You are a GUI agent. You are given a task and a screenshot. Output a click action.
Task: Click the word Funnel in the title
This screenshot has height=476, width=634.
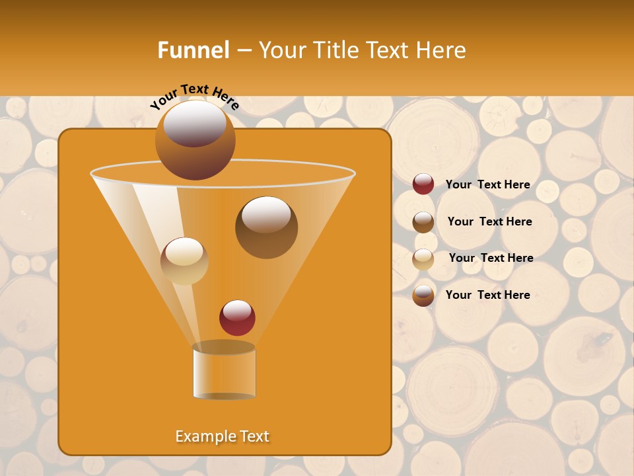(x=193, y=50)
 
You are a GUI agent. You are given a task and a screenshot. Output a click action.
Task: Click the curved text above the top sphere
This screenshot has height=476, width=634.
(x=195, y=97)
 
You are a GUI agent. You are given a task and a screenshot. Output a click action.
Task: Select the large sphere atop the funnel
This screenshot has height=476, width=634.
(x=195, y=140)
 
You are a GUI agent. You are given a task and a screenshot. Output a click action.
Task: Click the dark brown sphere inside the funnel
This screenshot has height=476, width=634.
(x=266, y=227)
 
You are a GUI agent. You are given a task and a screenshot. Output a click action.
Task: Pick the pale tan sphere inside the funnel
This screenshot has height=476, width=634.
(x=184, y=260)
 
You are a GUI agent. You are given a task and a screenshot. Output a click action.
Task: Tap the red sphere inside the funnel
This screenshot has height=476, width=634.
(x=237, y=317)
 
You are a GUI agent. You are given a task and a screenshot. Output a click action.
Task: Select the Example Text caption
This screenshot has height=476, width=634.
(x=223, y=436)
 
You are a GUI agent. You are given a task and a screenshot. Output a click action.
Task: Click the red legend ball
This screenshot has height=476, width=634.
(x=423, y=184)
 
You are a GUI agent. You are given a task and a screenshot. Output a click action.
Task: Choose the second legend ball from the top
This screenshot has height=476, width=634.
(x=423, y=222)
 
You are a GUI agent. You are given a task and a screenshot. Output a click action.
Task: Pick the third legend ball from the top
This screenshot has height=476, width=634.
(x=423, y=258)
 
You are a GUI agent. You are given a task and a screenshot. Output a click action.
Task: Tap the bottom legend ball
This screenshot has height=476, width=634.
(x=423, y=296)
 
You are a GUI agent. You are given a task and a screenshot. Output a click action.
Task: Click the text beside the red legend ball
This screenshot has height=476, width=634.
(x=487, y=185)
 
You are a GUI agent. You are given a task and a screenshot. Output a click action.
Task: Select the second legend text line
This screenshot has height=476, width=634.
(x=489, y=222)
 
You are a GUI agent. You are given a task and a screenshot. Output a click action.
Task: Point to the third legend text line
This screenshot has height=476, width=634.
(x=491, y=258)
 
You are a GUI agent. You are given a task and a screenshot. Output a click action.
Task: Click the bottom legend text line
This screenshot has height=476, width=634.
(x=487, y=296)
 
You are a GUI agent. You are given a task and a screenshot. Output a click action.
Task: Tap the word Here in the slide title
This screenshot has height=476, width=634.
(x=442, y=50)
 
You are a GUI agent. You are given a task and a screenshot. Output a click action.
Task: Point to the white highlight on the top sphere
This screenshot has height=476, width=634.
(x=194, y=124)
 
